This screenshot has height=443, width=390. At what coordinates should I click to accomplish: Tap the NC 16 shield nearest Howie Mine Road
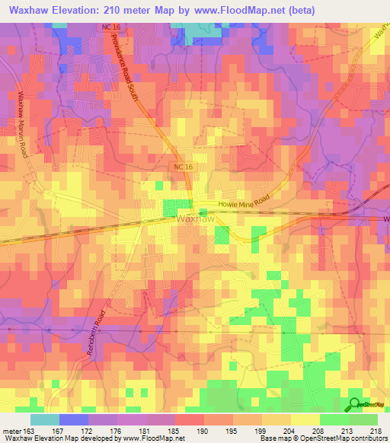click(178, 166)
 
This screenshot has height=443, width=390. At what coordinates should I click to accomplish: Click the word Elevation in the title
click(85, 10)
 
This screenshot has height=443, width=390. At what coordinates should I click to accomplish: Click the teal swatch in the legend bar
click(44, 419)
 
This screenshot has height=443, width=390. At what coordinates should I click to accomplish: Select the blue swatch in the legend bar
click(73, 419)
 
